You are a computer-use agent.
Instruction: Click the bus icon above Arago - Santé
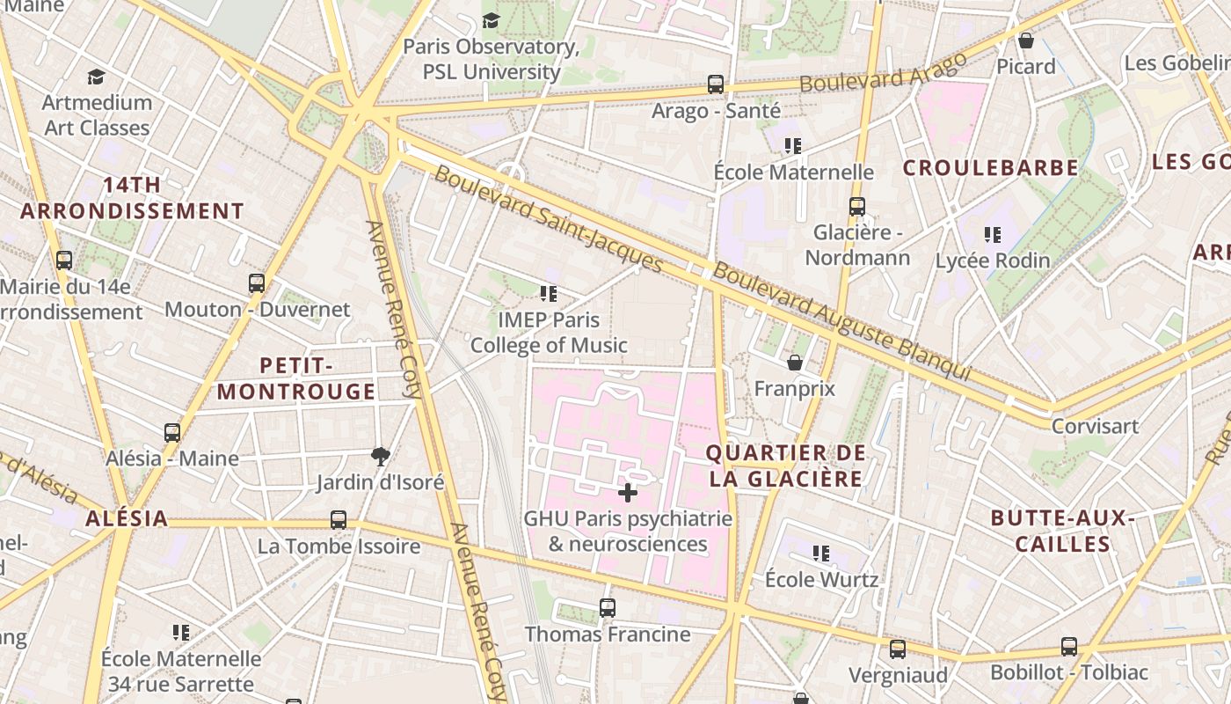click(716, 84)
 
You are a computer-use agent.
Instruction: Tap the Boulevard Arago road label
click(883, 71)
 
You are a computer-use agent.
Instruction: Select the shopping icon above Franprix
click(795, 363)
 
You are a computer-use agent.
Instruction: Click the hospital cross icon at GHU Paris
click(628, 492)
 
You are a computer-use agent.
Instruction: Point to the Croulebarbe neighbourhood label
click(990, 168)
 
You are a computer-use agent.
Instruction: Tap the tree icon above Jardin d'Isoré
click(381, 456)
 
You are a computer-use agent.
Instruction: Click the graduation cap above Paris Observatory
click(491, 20)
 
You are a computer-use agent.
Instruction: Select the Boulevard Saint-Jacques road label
click(548, 217)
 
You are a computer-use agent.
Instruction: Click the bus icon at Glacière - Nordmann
click(857, 207)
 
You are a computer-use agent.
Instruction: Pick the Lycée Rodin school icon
click(993, 235)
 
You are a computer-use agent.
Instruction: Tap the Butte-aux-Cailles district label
click(1062, 531)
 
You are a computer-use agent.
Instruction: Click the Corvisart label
click(1095, 426)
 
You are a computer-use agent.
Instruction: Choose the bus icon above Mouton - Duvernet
click(257, 283)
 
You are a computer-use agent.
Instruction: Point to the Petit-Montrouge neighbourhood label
click(296, 378)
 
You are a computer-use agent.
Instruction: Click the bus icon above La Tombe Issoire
click(339, 520)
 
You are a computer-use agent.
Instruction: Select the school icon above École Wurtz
click(821, 554)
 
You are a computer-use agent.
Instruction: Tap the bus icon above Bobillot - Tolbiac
click(1069, 647)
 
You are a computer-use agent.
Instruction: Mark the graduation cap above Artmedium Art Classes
click(97, 77)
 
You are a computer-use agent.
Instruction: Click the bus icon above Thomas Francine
click(607, 608)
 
